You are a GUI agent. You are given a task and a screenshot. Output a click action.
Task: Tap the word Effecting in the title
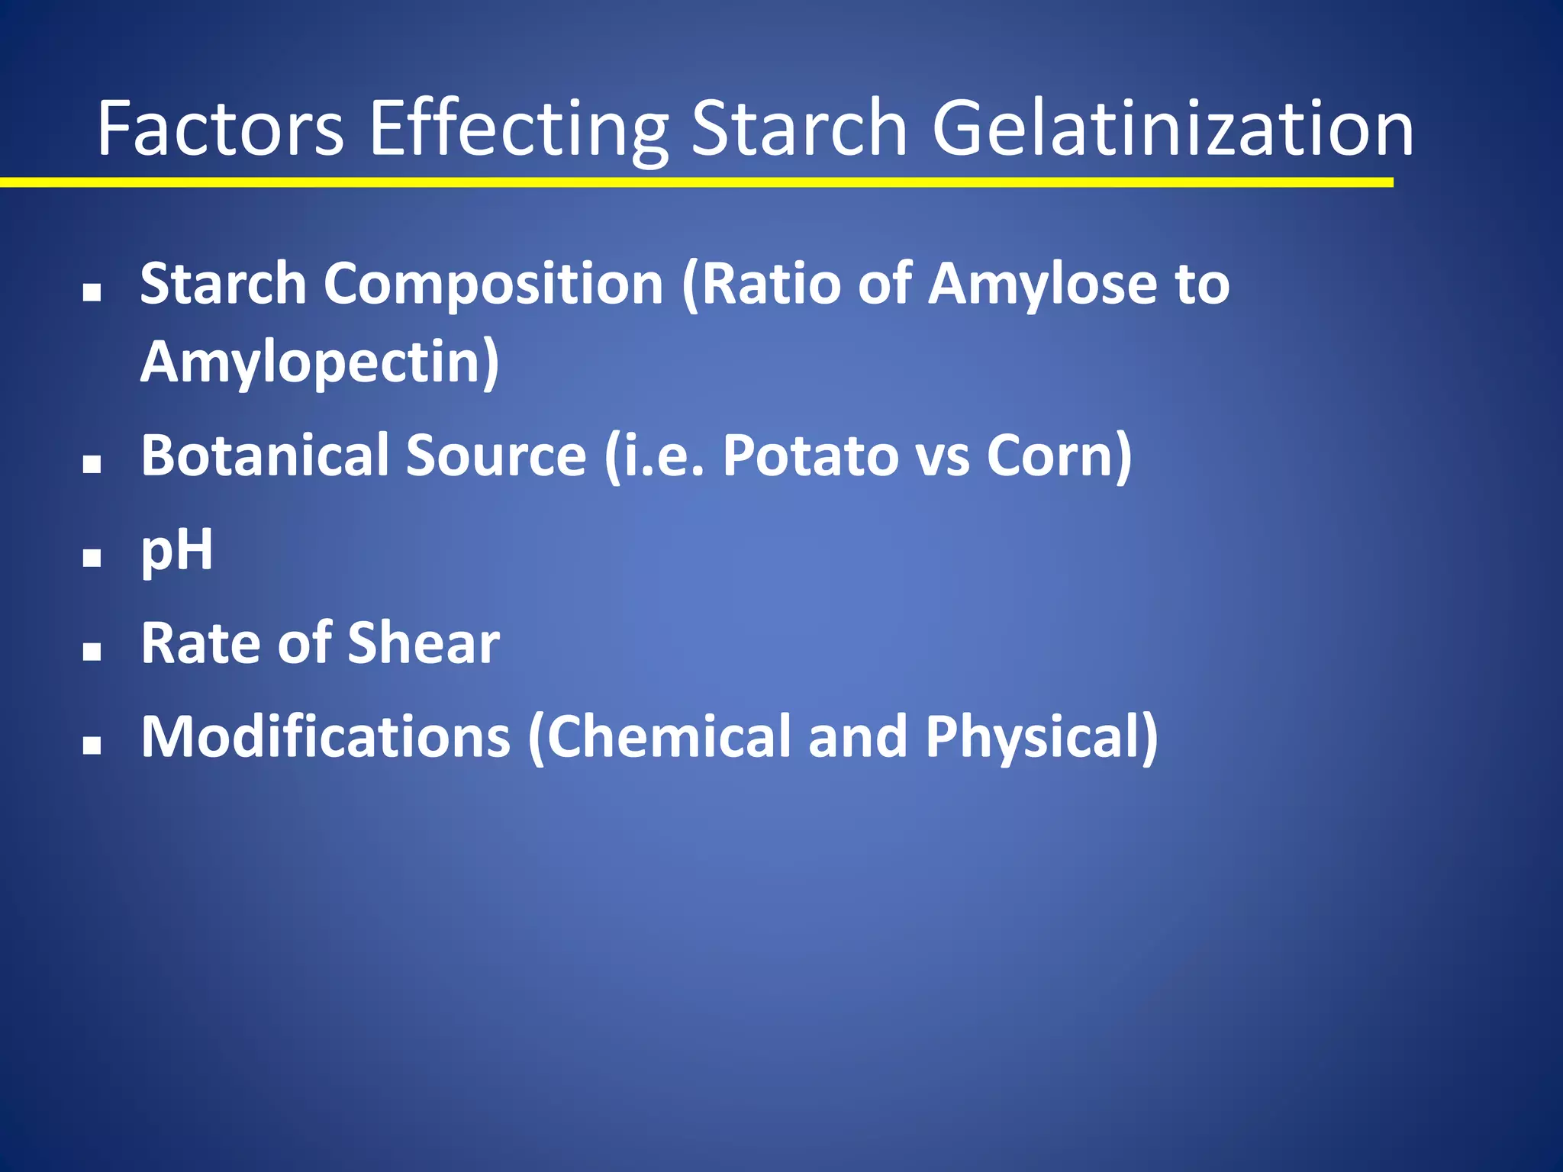point(519,130)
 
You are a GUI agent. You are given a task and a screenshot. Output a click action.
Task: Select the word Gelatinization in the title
point(1173,130)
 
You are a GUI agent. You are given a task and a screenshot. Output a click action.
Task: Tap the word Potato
point(810,456)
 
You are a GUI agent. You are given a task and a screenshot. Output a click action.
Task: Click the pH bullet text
point(177,550)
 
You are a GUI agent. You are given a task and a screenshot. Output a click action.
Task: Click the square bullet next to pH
point(92,558)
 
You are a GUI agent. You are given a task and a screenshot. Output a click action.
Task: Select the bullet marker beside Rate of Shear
point(92,651)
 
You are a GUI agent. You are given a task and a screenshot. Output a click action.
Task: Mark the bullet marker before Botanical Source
point(92,464)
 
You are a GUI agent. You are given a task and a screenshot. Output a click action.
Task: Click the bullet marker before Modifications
point(92,745)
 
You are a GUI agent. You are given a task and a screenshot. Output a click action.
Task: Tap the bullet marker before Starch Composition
point(92,292)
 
